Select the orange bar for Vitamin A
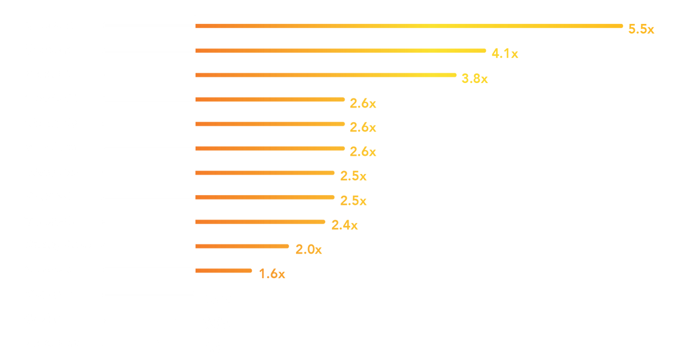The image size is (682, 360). [x=341, y=51]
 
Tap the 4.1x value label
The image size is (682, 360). [x=505, y=53]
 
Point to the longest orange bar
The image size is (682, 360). [x=409, y=26]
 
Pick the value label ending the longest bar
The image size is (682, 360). [x=641, y=29]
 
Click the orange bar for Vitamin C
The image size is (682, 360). [x=265, y=197]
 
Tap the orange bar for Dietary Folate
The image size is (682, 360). [x=243, y=246]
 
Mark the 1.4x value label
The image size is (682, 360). [x=272, y=274]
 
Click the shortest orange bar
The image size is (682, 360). [x=224, y=271]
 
